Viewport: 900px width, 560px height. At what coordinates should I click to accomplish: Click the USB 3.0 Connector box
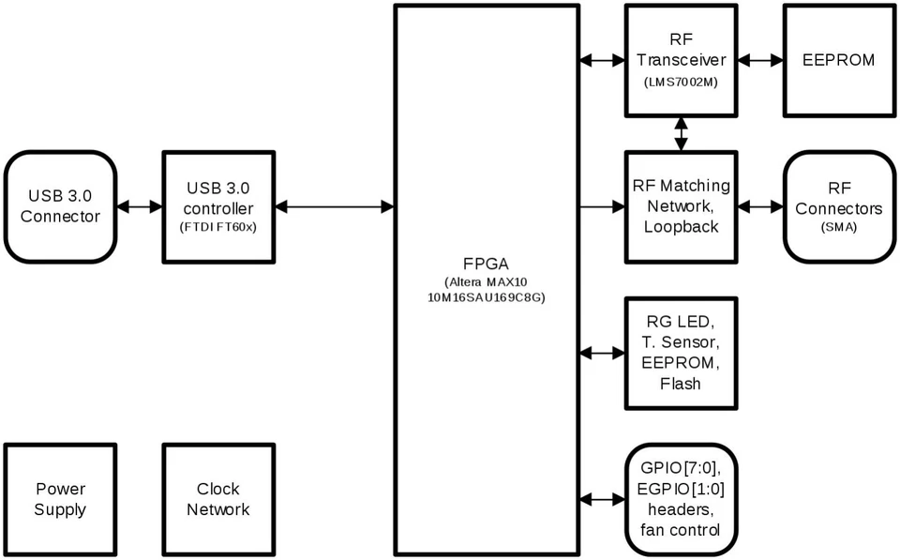pyautogui.click(x=60, y=206)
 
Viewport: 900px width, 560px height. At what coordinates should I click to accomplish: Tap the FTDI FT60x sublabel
pyautogui.click(x=217, y=227)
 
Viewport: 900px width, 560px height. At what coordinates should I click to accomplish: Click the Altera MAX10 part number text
pyautogui.click(x=486, y=290)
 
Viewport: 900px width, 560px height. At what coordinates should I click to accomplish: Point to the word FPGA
pyautogui.click(x=486, y=263)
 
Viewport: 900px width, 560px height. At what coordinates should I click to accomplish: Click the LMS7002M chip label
pyautogui.click(x=681, y=83)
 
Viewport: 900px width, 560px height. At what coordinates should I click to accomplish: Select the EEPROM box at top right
pyautogui.click(x=839, y=60)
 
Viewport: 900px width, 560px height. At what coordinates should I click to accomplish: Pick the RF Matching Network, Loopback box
pyautogui.click(x=681, y=206)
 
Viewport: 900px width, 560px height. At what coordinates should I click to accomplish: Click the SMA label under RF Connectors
pyautogui.click(x=839, y=228)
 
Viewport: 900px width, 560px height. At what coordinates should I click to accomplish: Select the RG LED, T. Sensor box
pyautogui.click(x=681, y=353)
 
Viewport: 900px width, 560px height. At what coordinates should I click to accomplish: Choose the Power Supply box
pyautogui.click(x=60, y=498)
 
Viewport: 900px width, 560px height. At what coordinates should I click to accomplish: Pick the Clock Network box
pyautogui.click(x=217, y=498)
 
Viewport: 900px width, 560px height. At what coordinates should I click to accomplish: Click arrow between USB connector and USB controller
pyautogui.click(x=139, y=206)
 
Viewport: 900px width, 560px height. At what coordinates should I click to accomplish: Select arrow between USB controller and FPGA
pyautogui.click(x=333, y=206)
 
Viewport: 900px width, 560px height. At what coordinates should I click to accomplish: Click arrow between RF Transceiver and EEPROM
pyautogui.click(x=760, y=60)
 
